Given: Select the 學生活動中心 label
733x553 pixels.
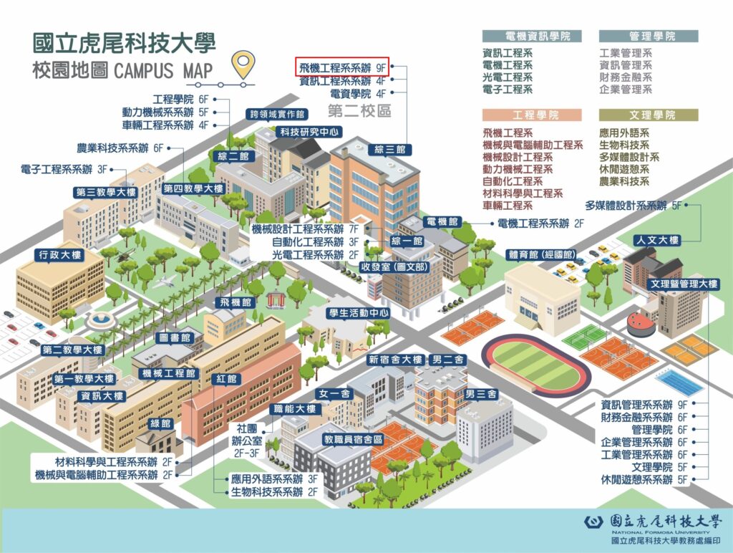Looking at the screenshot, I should coord(359,312).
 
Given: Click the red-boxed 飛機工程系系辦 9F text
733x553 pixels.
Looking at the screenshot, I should coord(342,67).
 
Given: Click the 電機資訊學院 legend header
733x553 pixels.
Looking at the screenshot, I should coord(531,36).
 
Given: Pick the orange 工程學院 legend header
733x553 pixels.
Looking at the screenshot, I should coord(531,115).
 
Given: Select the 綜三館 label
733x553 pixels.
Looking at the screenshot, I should coord(390,150).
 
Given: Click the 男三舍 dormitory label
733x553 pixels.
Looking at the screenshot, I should coord(480,394).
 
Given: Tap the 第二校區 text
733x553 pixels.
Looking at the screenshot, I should coord(359,111).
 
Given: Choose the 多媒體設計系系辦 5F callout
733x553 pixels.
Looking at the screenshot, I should coord(635,206).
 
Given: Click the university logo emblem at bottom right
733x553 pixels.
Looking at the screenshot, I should coord(594,521).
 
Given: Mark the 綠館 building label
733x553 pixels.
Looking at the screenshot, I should coord(162,423).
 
